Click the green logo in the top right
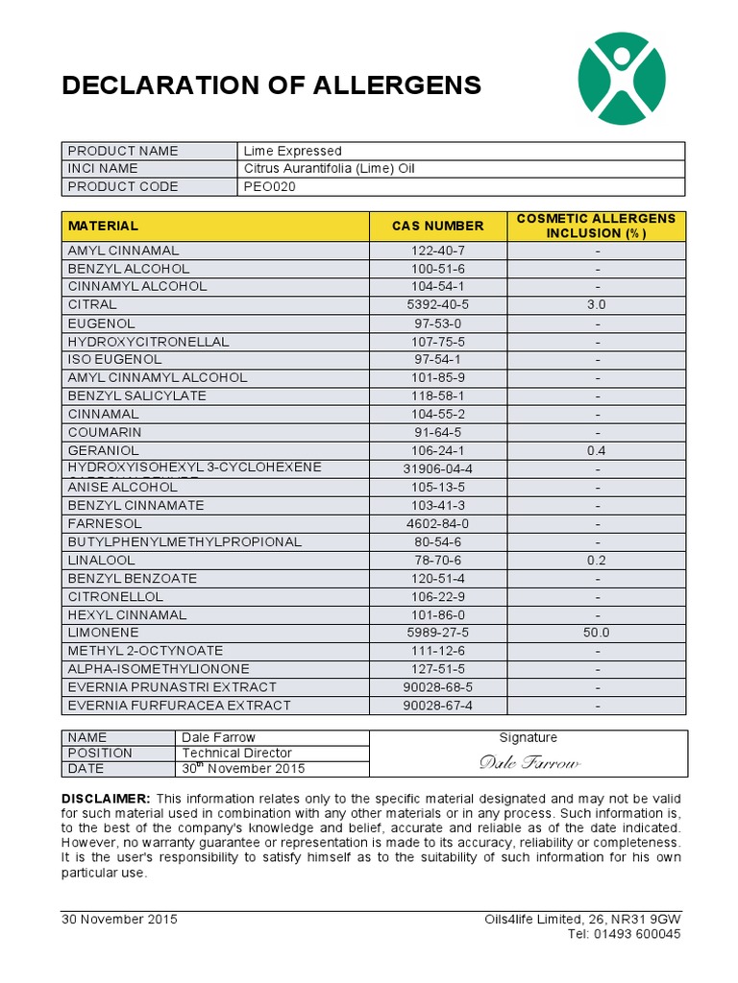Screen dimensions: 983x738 point(621,78)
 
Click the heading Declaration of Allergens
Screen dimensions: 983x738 point(271,85)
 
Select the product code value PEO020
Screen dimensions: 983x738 point(270,186)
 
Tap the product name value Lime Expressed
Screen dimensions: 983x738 point(292,151)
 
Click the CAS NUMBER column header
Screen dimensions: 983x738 point(437,226)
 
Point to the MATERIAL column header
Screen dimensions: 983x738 point(103,226)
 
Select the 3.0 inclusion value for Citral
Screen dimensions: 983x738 point(597,304)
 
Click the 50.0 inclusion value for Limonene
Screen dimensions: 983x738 point(597,633)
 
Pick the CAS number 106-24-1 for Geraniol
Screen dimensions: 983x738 point(437,450)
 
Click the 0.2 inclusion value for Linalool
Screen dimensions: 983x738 point(597,560)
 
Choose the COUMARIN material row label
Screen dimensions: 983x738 point(104,432)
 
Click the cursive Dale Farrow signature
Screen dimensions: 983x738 point(529,762)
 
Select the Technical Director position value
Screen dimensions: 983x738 point(236,753)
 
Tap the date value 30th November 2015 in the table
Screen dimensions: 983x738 point(243,768)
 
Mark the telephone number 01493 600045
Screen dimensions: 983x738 point(637,934)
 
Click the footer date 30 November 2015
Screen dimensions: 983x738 point(119,919)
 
